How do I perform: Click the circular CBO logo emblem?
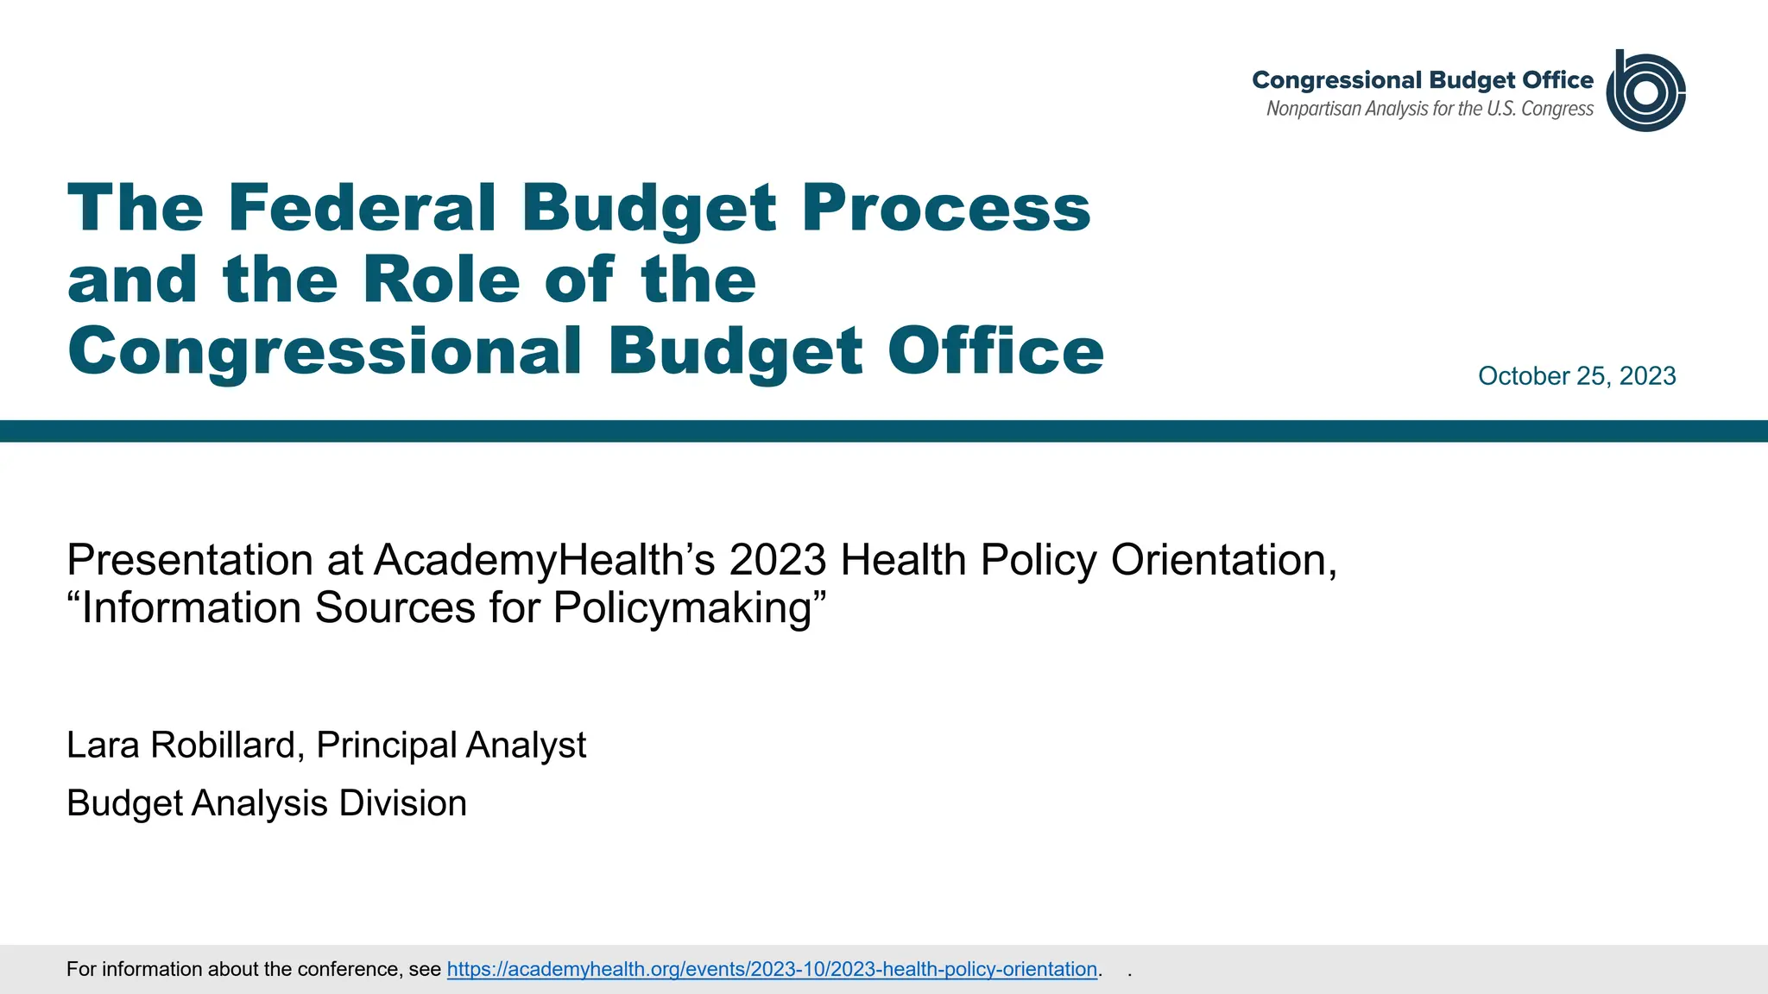pos(1645,91)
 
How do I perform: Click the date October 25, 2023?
pos(1576,376)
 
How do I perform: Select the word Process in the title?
pos(946,208)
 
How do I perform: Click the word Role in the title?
pos(441,280)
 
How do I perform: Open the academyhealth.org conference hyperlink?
pos(772,969)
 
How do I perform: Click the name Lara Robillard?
pos(180,745)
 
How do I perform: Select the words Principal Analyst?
pos(451,745)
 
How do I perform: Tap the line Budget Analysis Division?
pos(267,803)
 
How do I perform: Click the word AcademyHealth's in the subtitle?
pos(544,560)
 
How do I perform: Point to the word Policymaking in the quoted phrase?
pos(682,607)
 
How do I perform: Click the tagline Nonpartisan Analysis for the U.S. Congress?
pos(1430,109)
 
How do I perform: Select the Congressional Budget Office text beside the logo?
pos(1422,80)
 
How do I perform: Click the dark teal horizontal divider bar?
pos(884,431)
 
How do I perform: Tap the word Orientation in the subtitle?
pos(1223,560)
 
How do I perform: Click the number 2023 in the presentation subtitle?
pos(777,560)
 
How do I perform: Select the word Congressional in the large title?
pos(325,352)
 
